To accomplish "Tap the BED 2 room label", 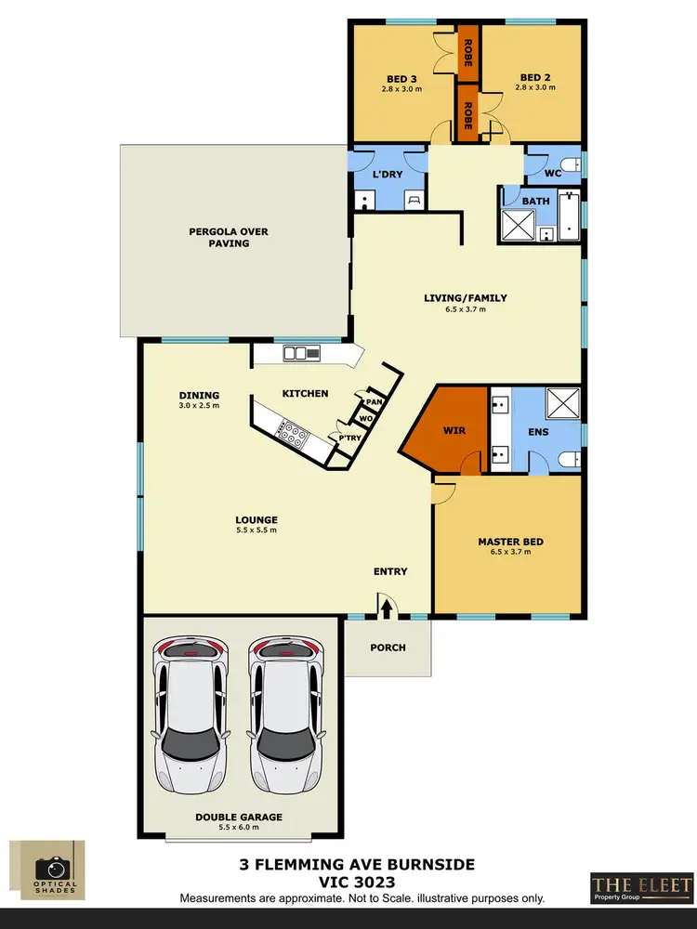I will click(536, 78).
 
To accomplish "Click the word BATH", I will click(536, 201).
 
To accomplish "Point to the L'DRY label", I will click(386, 176).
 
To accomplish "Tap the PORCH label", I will click(388, 648).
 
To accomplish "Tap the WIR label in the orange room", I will click(454, 431).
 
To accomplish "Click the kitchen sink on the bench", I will click(302, 352).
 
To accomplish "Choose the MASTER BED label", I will click(510, 542).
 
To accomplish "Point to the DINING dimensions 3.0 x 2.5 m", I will click(199, 406).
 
